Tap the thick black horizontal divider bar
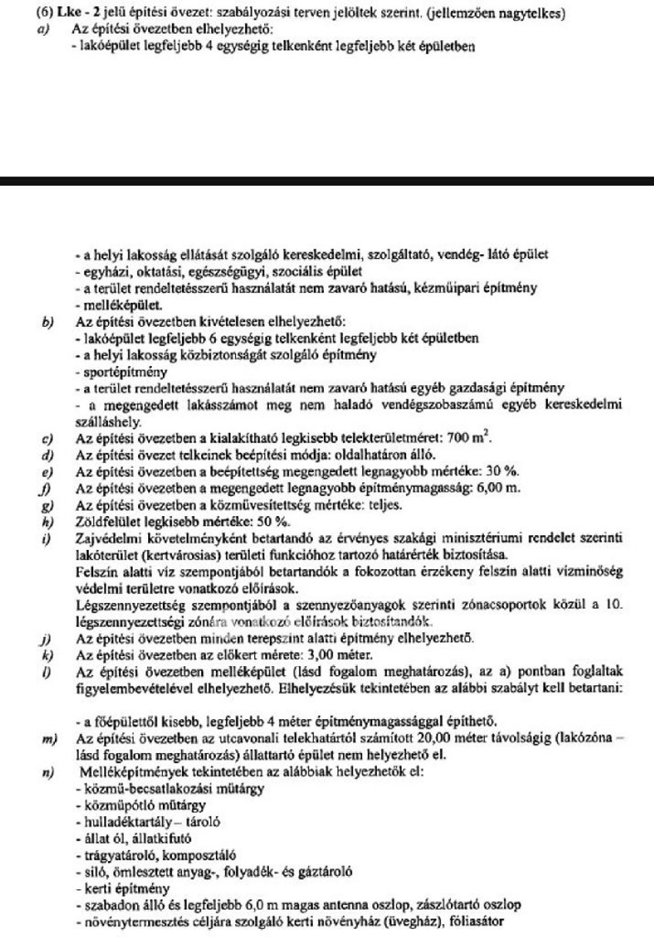click(x=327, y=181)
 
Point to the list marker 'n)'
click(x=47, y=772)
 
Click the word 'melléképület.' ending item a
click(x=118, y=305)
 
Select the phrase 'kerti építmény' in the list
click(x=119, y=888)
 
